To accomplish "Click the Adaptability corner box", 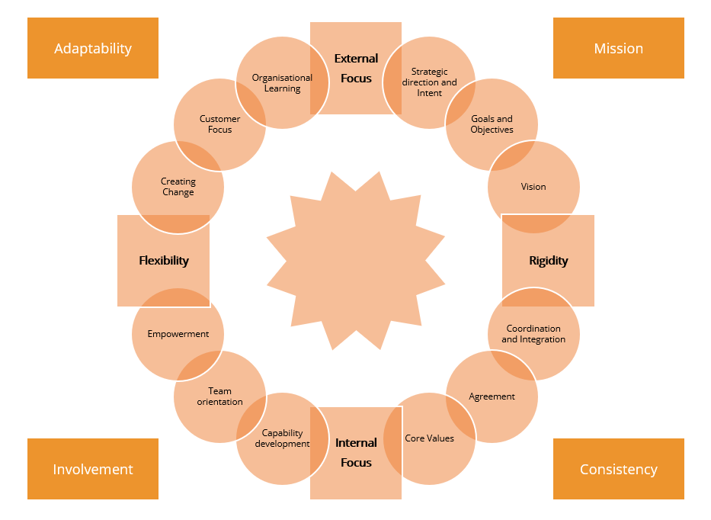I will (x=93, y=48).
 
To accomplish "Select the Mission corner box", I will (x=618, y=48).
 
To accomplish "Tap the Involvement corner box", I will (x=93, y=469).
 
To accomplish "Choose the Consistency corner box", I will (x=618, y=469).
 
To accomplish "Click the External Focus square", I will (x=356, y=68).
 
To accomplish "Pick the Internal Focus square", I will (x=356, y=452).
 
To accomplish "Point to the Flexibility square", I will (x=163, y=261).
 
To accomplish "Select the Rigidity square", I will (x=548, y=261).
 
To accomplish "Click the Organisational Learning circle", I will (x=282, y=82).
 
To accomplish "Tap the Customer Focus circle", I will (x=219, y=124).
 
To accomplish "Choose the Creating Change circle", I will (x=178, y=187).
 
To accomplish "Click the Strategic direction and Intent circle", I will (x=429, y=82).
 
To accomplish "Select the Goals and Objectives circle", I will (x=492, y=124).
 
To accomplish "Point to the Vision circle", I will (x=533, y=187).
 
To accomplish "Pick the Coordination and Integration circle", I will (x=533, y=334).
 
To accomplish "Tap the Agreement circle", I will (x=492, y=396).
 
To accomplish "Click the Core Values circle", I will (x=429, y=438).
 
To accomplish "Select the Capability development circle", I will (x=282, y=438).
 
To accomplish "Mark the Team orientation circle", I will (x=219, y=396).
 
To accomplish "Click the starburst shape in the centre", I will (x=356, y=261).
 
